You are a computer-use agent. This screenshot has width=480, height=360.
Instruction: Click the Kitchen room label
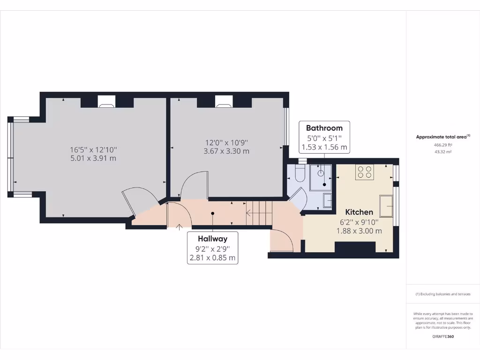[359, 212]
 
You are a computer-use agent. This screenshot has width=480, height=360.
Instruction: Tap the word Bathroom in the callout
[324, 127]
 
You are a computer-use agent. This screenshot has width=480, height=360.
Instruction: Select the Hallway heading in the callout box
[212, 239]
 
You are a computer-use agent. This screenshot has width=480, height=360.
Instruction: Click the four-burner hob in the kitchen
[365, 172]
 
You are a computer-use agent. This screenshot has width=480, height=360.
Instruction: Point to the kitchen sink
[387, 205]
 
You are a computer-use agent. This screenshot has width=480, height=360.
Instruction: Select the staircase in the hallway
[259, 213]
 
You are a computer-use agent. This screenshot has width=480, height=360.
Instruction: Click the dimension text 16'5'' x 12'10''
[93, 150]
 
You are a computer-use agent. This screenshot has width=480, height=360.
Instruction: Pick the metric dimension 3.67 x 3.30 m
[227, 151]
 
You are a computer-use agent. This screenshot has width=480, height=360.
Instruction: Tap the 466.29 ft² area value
[443, 145]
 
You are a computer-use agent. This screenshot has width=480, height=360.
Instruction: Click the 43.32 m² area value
[443, 152]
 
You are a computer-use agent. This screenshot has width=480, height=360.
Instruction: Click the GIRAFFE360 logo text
[443, 337]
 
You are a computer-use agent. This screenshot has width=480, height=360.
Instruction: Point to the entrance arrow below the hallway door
[179, 227]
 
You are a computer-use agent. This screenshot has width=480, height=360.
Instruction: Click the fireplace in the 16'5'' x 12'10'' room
[107, 101]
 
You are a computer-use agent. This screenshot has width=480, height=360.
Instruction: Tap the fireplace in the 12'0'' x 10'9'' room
[224, 101]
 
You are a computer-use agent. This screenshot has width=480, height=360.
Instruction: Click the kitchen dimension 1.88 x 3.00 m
[359, 231]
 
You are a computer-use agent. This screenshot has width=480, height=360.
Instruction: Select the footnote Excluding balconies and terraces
[443, 294]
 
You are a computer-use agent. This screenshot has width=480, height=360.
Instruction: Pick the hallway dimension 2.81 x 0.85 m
[212, 257]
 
